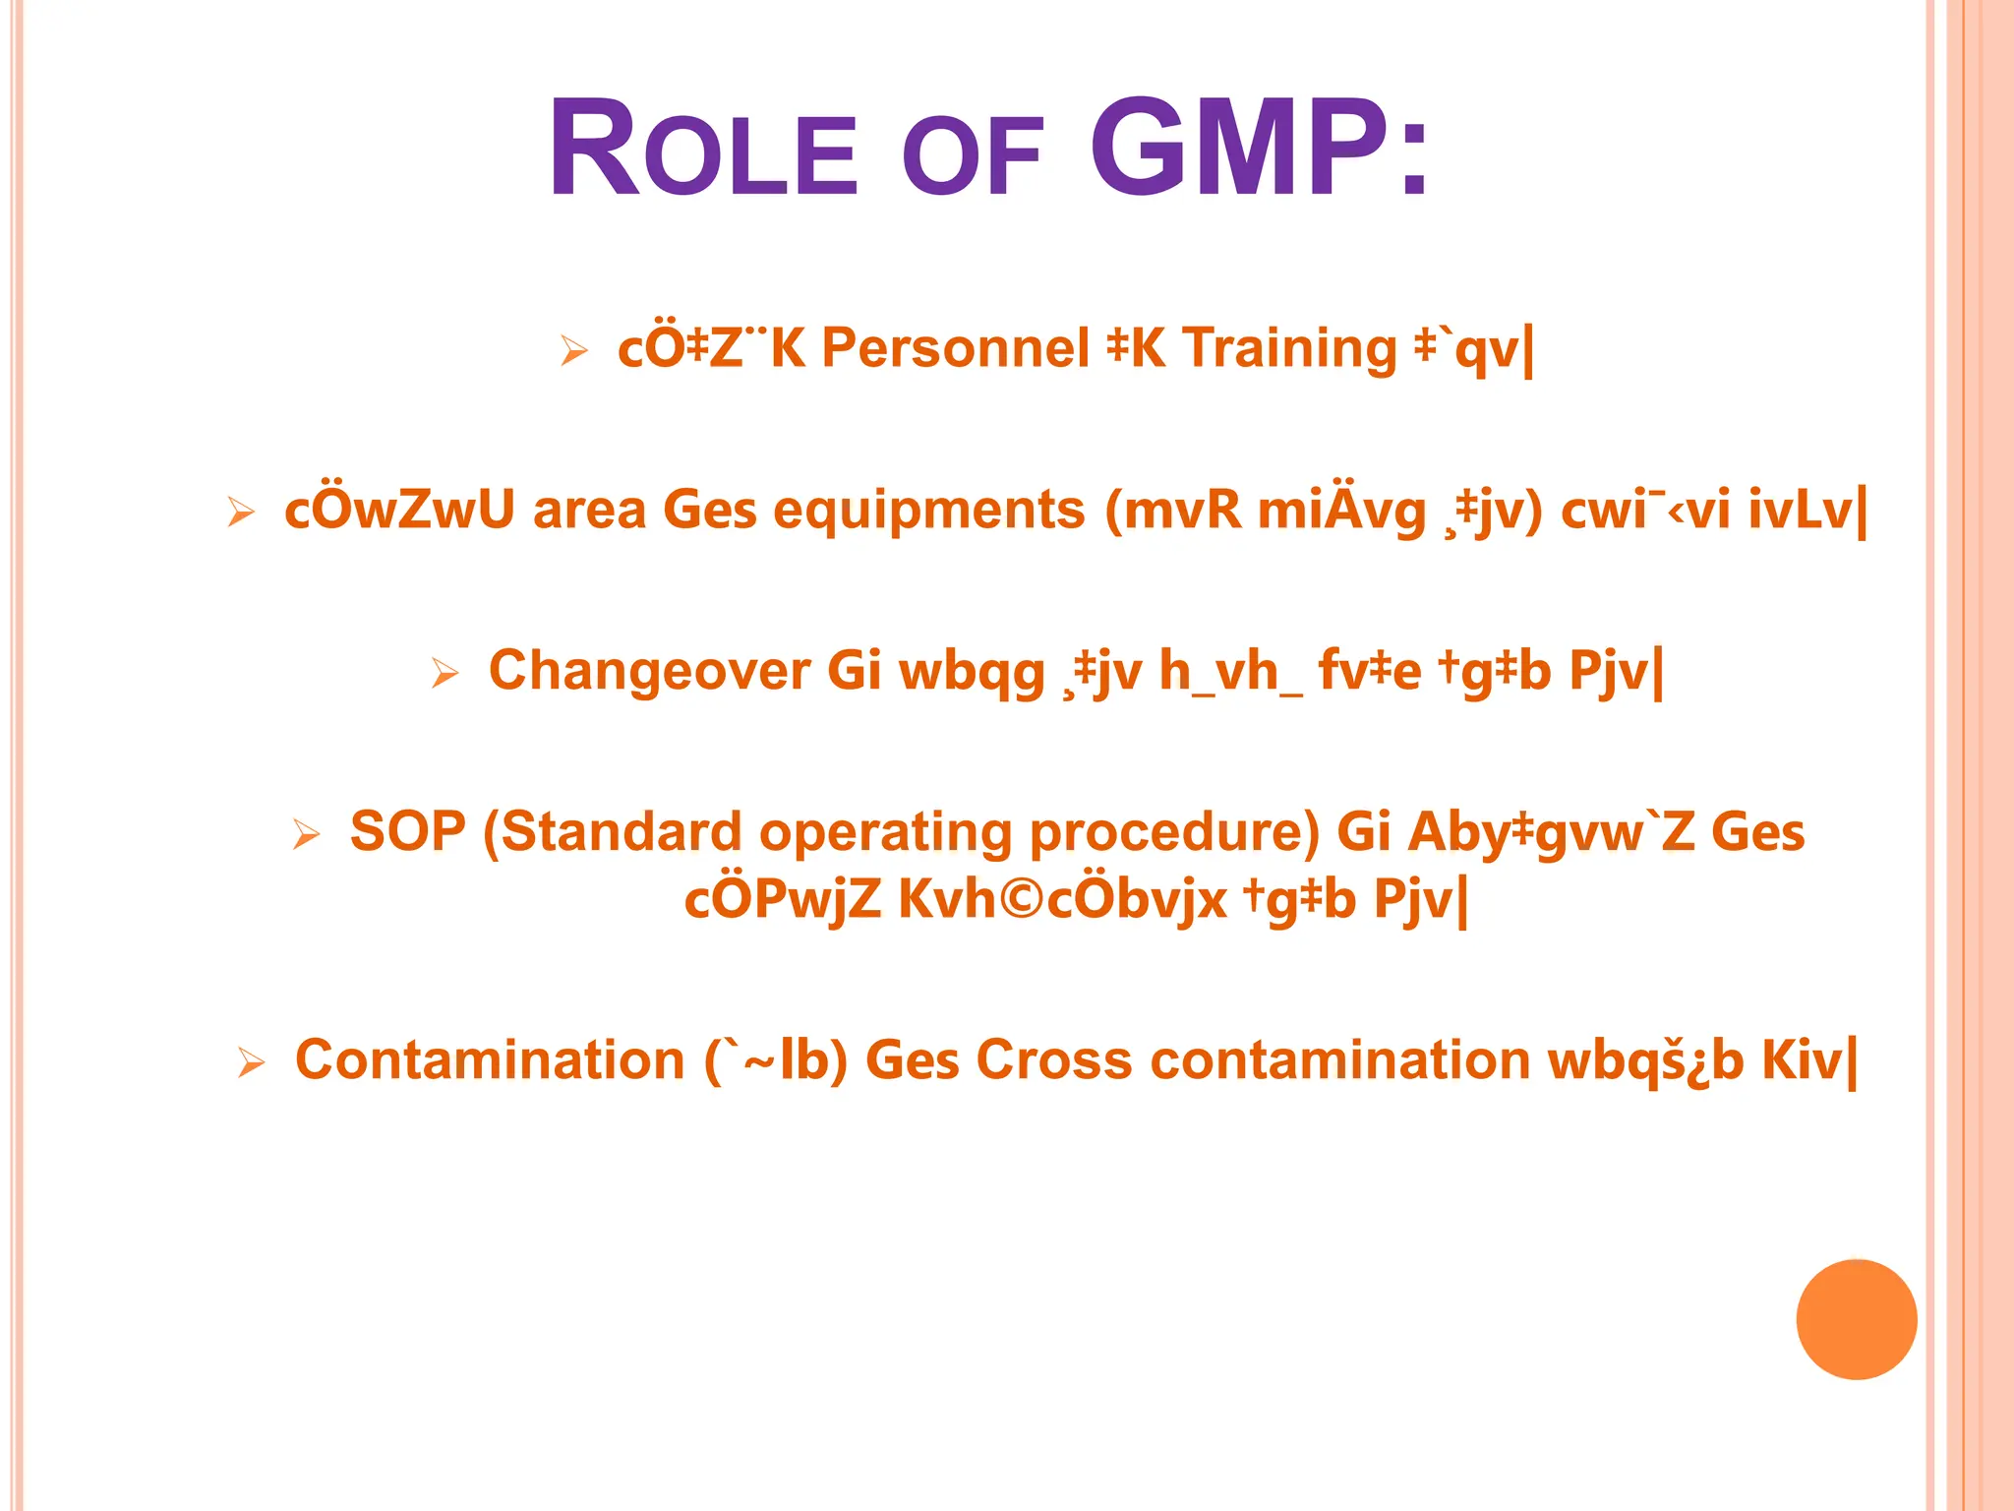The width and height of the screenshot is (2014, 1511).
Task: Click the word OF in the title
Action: coord(972,157)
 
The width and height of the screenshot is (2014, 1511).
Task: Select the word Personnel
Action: coord(955,348)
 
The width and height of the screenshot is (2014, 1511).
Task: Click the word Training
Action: coord(1289,350)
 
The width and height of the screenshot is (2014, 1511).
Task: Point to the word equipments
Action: coord(928,511)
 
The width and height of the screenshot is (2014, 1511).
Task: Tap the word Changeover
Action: coord(650,672)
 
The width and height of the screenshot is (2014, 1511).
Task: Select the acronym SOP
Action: coord(407,832)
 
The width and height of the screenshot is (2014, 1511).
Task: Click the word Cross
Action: coord(1054,1061)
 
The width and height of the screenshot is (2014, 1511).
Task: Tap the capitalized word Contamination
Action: coord(490,1061)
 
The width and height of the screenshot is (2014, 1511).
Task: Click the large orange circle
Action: coord(1856,1319)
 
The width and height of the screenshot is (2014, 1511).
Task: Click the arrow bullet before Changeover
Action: coord(445,674)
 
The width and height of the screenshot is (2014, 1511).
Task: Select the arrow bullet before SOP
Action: coord(307,835)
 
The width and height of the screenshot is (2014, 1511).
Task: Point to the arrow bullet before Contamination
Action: coord(252,1063)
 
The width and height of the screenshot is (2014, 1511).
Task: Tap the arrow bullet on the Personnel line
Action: coord(574,350)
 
